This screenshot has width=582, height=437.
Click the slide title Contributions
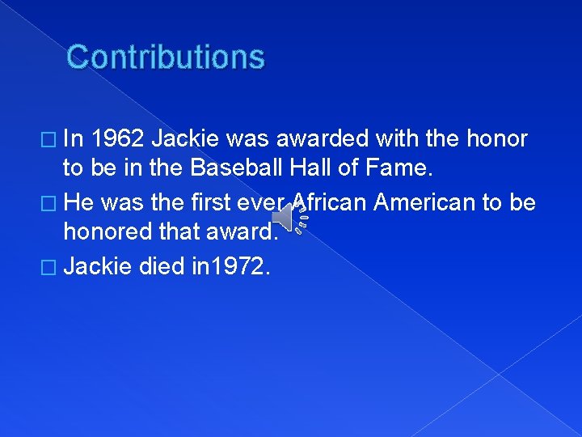pos(166,57)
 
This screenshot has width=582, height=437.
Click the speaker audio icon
pos(289,216)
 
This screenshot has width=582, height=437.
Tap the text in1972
pos(230,265)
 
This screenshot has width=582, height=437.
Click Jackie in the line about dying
pos(96,265)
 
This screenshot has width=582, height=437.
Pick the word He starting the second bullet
pos(78,202)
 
